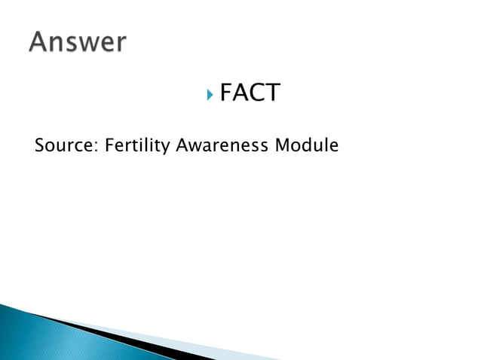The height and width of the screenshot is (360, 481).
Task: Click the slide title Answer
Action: tap(78, 42)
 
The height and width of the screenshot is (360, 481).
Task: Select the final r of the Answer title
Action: tap(120, 44)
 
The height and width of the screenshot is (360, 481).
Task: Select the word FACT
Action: tap(250, 93)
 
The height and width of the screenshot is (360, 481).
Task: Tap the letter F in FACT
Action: tap(226, 93)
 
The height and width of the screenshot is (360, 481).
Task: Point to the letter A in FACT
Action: tap(241, 93)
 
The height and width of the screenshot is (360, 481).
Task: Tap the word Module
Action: tap(306, 145)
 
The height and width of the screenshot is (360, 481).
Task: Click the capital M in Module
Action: tap(282, 145)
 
